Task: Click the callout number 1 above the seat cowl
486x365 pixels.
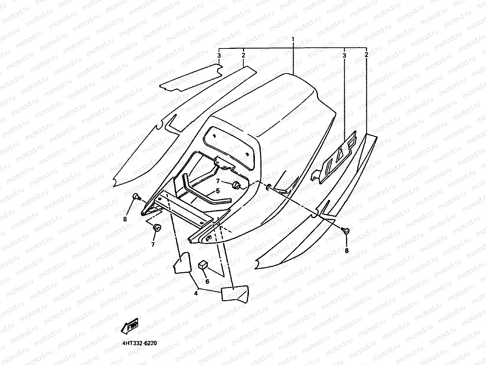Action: pos(293,39)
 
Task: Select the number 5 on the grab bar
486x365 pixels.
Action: pos(218,191)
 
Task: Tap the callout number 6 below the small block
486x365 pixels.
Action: pos(207,281)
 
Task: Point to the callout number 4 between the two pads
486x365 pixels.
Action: pos(196,293)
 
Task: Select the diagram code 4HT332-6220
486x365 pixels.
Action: pos(139,343)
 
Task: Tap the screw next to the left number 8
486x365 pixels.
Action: pos(136,197)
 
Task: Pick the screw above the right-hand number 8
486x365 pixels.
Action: pos(346,231)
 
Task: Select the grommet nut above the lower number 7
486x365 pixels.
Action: pos(156,228)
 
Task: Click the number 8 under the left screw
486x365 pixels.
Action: pos(125,219)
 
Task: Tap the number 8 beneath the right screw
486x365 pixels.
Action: pos(346,250)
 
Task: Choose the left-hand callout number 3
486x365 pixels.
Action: pos(219,55)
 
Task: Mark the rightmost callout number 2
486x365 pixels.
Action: pos(366,55)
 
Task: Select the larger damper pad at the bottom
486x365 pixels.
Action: pos(234,294)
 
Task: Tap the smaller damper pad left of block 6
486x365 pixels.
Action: pos(182,263)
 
